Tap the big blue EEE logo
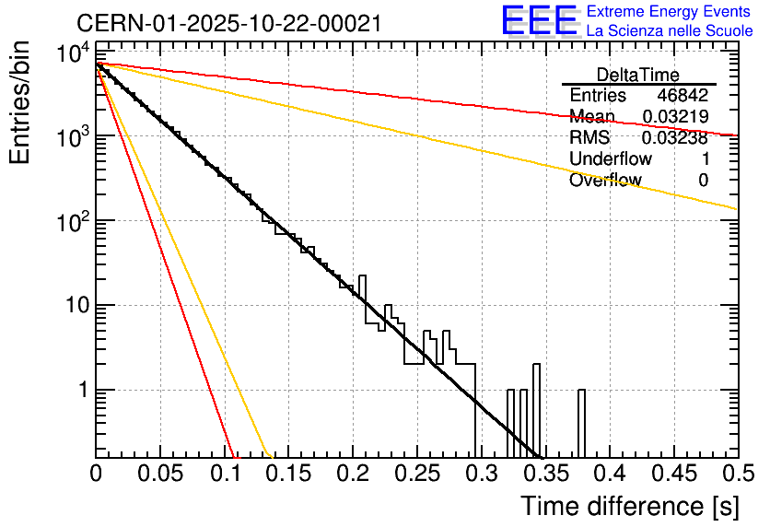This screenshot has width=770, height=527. point(539,21)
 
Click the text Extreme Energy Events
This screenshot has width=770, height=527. point(670,12)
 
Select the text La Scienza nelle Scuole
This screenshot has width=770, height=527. point(670,30)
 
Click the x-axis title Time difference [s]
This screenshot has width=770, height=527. point(629,506)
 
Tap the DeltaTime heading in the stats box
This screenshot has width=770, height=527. point(638,75)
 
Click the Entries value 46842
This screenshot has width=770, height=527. point(682,96)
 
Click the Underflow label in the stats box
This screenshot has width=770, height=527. point(611,159)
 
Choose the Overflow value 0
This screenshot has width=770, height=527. point(703,181)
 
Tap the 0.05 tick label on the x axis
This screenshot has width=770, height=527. point(160,474)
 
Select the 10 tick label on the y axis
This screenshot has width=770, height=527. point(75,305)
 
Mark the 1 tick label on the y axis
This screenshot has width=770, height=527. point(82,390)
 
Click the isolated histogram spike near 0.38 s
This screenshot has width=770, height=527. point(581,419)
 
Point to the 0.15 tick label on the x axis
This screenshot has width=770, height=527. point(288,474)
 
